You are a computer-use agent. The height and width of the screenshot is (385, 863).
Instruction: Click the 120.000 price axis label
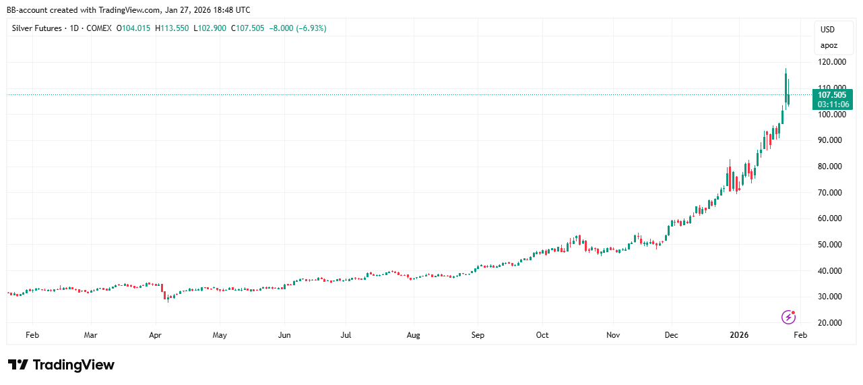tap(831, 62)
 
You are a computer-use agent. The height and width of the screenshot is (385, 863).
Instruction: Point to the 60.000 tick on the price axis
tap(831, 218)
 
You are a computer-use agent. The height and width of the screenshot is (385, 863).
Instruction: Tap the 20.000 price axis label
tap(831, 323)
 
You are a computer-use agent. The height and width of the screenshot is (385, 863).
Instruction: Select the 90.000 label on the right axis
tap(831, 140)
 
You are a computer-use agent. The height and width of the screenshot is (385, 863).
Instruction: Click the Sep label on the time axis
tap(478, 334)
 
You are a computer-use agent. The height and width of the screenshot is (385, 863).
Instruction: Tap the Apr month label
tap(155, 334)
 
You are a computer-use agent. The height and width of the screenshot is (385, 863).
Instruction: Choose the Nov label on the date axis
tap(612, 334)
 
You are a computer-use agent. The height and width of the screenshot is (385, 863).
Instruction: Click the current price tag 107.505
tap(833, 95)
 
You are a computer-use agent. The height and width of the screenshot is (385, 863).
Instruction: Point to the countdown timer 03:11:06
tap(833, 105)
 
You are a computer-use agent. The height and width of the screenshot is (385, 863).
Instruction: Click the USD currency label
tap(827, 30)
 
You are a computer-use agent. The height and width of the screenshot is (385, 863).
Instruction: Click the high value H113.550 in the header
tap(174, 28)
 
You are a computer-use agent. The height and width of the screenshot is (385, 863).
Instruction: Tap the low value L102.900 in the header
tap(211, 28)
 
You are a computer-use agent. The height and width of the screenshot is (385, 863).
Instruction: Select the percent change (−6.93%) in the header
tap(309, 28)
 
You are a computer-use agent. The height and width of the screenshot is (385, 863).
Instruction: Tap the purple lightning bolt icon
tap(788, 317)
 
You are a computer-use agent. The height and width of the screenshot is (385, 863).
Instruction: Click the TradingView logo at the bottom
tap(61, 365)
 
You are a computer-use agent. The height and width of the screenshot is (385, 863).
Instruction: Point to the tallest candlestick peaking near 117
tap(786, 84)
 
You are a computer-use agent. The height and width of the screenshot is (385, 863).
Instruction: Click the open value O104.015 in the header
tap(134, 28)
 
